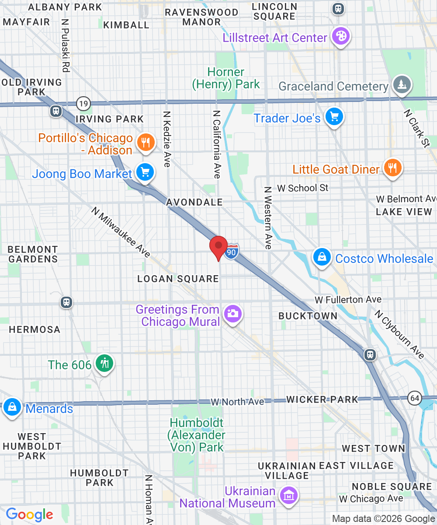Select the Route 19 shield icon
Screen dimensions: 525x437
pyautogui.click(x=83, y=104)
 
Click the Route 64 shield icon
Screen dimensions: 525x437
pyautogui.click(x=414, y=398)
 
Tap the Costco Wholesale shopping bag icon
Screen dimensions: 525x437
pyautogui.click(x=322, y=257)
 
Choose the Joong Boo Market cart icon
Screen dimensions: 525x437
pyautogui.click(x=145, y=172)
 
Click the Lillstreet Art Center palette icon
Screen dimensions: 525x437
pyautogui.click(x=340, y=36)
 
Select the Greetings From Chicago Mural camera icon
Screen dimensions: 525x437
pyautogui.click(x=232, y=314)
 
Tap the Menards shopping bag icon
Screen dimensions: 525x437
pyautogui.click(x=12, y=406)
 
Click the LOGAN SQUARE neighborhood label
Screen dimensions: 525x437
pyautogui.click(x=178, y=279)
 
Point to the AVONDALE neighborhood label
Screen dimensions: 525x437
pyautogui.click(x=194, y=202)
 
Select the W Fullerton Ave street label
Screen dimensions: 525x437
pyautogui.click(x=348, y=300)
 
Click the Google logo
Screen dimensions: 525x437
pyautogui.click(x=30, y=514)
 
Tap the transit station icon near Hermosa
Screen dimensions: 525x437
pyautogui.click(x=66, y=302)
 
